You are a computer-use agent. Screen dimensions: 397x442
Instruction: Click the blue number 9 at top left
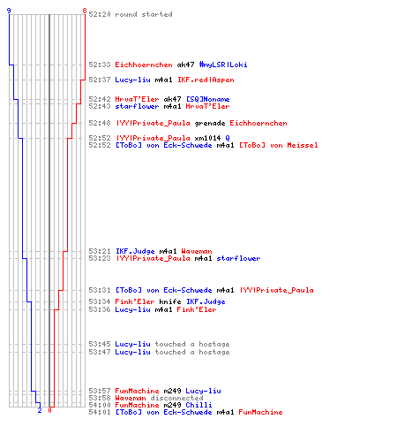point(9,11)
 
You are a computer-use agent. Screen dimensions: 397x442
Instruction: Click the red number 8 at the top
point(85,11)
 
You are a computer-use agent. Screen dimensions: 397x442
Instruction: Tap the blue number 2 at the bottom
point(40,410)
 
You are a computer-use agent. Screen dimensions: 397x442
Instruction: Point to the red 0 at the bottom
point(49,410)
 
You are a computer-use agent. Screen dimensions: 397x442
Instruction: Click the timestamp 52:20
point(100,14)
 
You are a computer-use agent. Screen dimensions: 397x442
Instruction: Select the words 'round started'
point(144,14)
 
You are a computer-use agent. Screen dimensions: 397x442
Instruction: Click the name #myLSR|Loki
point(223,65)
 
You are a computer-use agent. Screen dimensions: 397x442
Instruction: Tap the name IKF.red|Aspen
point(206,80)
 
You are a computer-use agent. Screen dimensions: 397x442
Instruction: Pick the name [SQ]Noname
point(208,99)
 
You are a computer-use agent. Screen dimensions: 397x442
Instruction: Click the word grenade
point(210,123)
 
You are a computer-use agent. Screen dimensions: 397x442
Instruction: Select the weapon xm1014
point(207,138)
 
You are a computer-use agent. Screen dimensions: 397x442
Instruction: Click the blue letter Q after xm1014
point(228,138)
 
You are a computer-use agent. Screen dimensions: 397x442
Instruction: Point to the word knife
point(170,301)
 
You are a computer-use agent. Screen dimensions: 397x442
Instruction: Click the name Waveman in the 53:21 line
point(197,251)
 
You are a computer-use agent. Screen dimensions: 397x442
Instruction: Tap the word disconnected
point(177,398)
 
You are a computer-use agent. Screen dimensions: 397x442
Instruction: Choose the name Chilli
point(198,405)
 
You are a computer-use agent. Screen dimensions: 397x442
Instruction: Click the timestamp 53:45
point(100,344)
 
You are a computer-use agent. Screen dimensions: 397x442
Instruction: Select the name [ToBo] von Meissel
point(279,145)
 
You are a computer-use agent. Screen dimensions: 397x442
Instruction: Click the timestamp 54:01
point(100,412)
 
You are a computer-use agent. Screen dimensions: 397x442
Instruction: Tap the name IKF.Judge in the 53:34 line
point(206,301)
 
